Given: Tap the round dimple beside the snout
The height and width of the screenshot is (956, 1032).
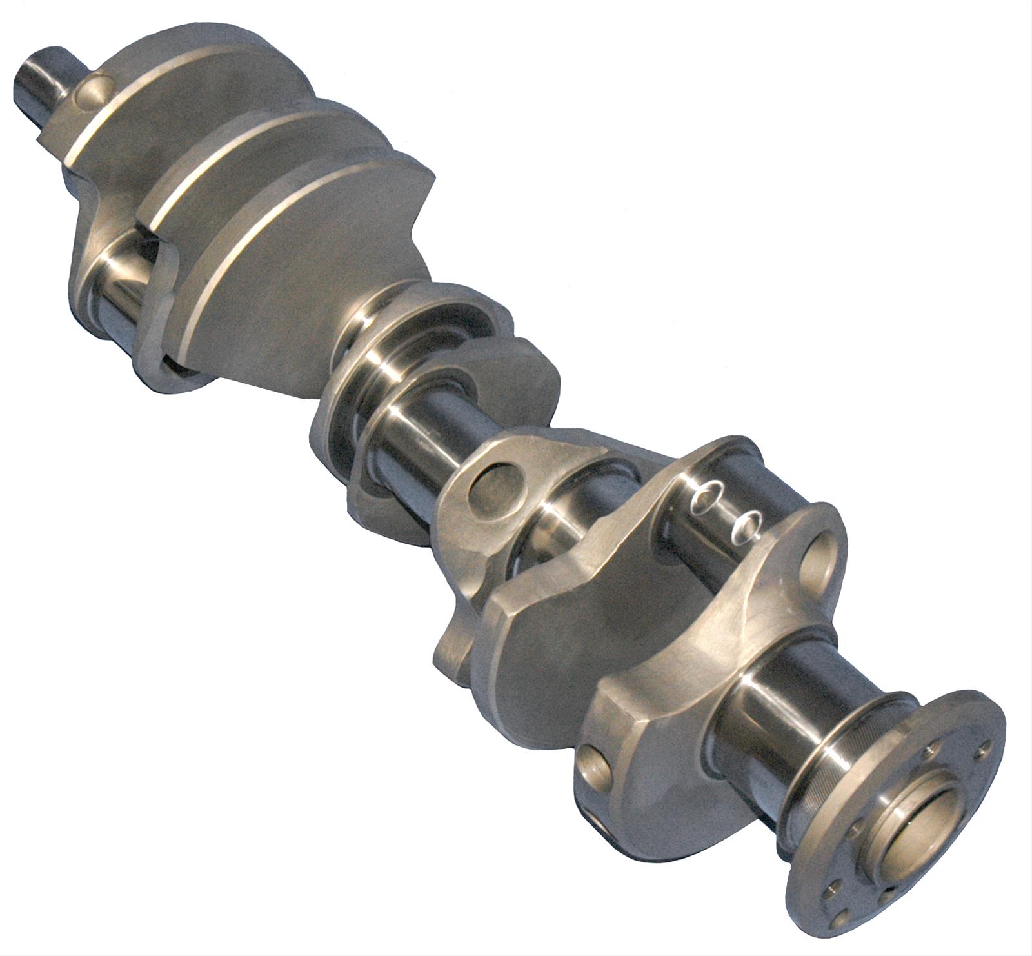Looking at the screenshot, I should [90, 90].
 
